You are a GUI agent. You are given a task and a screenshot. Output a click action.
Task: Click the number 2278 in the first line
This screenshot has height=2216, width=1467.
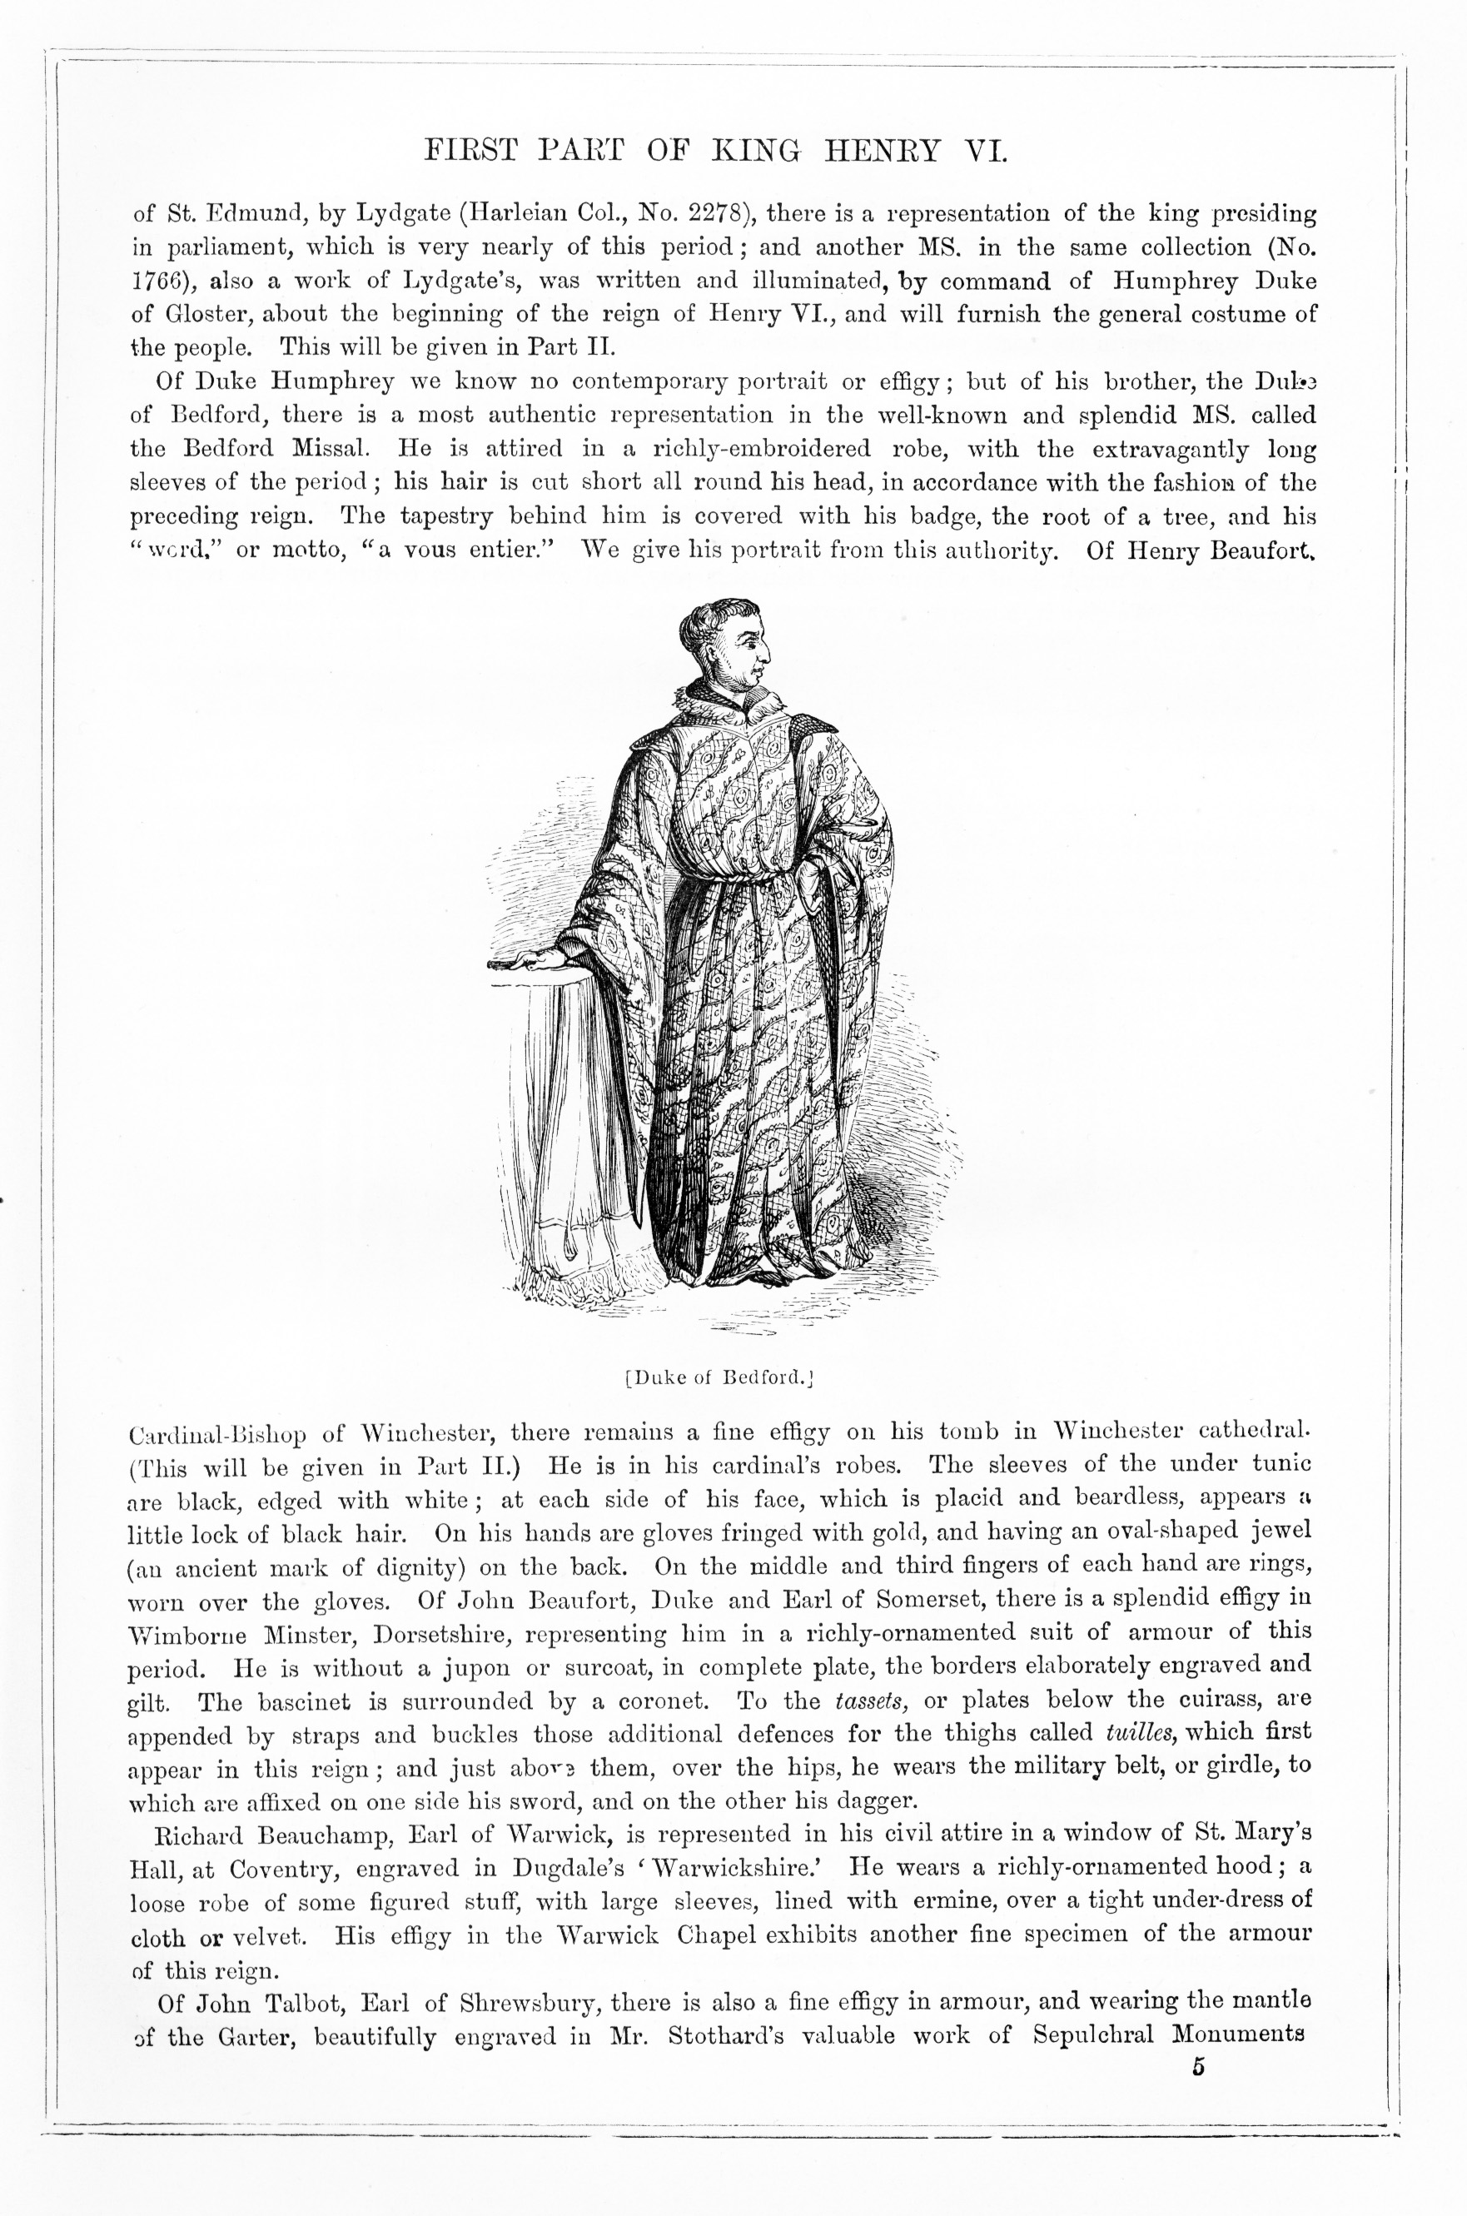(715, 214)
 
